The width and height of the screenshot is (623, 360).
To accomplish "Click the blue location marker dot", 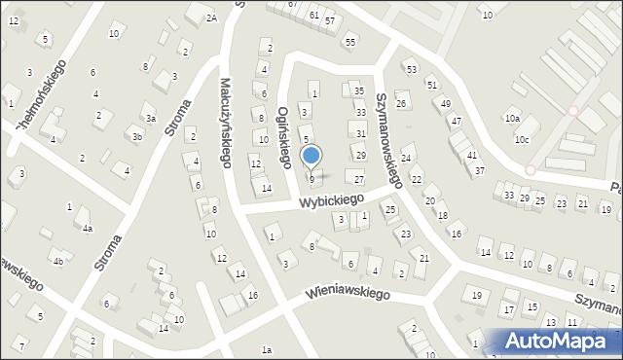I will [x=311, y=155].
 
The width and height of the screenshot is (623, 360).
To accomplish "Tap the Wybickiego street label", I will [x=331, y=201].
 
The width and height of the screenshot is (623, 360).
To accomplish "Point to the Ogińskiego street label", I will [x=285, y=137].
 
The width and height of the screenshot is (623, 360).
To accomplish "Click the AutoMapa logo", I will [x=560, y=341].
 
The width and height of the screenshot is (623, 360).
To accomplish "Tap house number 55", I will [x=349, y=43].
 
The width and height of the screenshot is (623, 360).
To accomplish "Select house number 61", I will [x=313, y=16].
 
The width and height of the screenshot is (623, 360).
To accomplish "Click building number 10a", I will [x=512, y=119].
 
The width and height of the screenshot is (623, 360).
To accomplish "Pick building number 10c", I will [x=523, y=139].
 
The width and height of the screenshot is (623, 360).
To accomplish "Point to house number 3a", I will [x=151, y=118].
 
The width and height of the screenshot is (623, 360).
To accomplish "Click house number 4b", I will [x=57, y=261].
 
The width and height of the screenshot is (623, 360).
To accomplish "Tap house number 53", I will [x=411, y=70].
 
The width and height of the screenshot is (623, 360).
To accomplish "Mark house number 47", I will [x=455, y=122].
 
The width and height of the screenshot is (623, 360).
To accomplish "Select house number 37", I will [x=480, y=170].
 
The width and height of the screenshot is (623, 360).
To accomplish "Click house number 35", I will [x=358, y=90].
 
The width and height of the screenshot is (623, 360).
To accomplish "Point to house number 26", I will [x=400, y=103].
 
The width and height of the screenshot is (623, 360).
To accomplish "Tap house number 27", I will [x=358, y=179].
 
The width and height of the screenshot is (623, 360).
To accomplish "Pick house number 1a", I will [x=266, y=349].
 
